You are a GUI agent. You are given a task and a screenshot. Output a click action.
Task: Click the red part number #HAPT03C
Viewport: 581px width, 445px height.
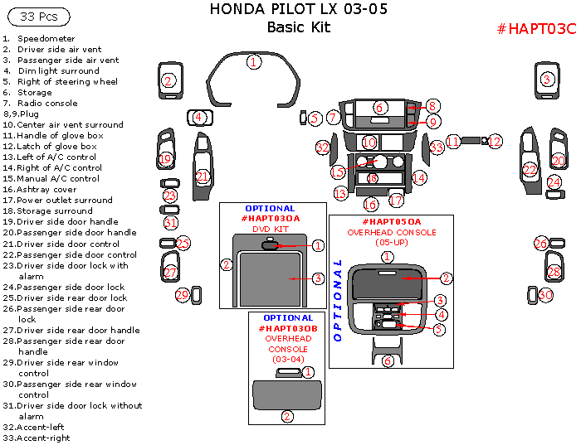pyautogui.click(x=535, y=29)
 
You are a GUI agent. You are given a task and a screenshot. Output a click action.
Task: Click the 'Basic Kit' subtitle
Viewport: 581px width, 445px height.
pyautogui.click(x=298, y=27)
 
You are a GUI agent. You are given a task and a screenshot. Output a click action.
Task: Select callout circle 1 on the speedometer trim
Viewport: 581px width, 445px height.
pyautogui.click(x=254, y=61)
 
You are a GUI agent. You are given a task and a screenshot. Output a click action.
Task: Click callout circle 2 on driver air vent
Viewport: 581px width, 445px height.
pyautogui.click(x=168, y=80)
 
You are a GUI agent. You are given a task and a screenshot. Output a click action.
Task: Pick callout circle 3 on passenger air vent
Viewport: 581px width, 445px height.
pyautogui.click(x=546, y=80)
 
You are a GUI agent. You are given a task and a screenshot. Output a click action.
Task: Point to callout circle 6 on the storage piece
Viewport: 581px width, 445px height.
pyautogui.click(x=378, y=108)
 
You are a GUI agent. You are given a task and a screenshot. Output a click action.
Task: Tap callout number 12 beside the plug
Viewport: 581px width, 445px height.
pyautogui.click(x=495, y=142)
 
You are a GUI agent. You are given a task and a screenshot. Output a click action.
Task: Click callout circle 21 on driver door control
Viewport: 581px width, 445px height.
pyautogui.click(x=203, y=176)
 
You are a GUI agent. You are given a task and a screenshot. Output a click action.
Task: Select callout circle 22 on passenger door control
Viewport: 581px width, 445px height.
pyautogui.click(x=530, y=171)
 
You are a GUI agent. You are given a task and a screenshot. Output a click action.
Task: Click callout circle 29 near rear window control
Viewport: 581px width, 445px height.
pyautogui.click(x=183, y=295)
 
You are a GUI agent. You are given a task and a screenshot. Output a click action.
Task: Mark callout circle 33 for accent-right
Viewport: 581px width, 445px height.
pyautogui.click(x=437, y=148)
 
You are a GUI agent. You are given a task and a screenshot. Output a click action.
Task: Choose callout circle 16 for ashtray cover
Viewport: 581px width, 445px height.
pyautogui.click(x=370, y=204)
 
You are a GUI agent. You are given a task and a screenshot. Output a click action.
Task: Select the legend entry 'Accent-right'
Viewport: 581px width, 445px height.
pyautogui.click(x=40, y=438)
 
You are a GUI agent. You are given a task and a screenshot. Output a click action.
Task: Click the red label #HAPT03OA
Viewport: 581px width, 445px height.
pyautogui.click(x=271, y=219)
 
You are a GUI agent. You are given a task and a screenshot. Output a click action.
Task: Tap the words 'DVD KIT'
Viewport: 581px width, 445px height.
pyautogui.click(x=271, y=229)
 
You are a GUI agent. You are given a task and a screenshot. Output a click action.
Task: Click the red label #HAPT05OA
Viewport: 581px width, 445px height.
pyautogui.click(x=391, y=222)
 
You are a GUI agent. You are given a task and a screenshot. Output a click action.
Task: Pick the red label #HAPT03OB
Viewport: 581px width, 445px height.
pyautogui.click(x=288, y=328)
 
